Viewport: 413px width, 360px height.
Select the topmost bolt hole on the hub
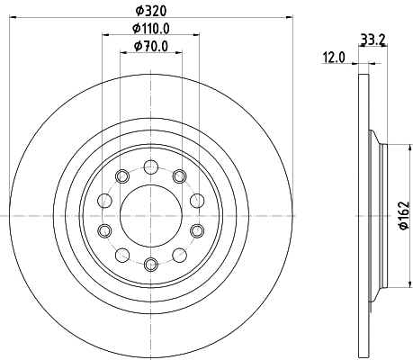point(150,166)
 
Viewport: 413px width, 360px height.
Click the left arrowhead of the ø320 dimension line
point(10,16)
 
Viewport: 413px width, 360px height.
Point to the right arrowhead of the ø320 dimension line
point(291,16)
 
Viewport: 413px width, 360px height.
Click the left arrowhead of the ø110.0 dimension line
point(104,35)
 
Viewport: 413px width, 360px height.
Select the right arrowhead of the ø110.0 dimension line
point(196,35)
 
